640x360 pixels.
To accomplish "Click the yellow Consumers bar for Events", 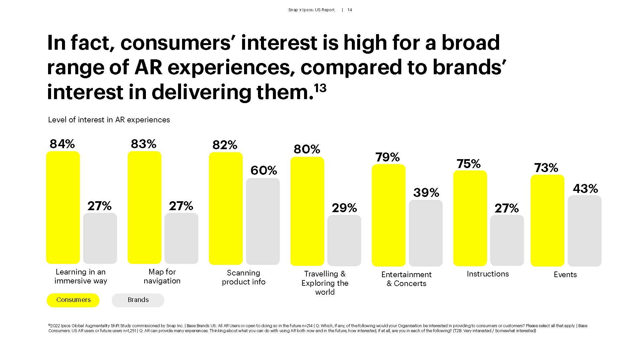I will coord(547,220).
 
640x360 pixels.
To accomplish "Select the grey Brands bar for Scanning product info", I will coord(263,221).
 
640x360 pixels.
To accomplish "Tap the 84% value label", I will coord(62,144).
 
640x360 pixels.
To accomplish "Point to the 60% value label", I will coord(264,170).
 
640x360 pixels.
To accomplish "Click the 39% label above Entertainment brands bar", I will coord(426,193).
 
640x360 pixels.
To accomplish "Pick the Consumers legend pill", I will coord(73,300).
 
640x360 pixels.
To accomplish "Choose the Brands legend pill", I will coord(138,300).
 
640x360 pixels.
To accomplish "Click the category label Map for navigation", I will coord(162,276).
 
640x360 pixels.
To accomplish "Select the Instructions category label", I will coord(487,274).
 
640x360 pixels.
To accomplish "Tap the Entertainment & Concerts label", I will coord(406,279).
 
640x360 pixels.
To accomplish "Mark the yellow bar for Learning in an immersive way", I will coord(63,208).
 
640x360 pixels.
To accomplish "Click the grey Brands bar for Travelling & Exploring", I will coord(344,240).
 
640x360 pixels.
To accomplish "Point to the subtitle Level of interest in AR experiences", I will coord(109,120).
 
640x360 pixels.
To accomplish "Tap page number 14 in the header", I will coord(350,10).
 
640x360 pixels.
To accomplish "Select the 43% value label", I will coord(585,189).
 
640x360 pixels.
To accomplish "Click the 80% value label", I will coord(307,149).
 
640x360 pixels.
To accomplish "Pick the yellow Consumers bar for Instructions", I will coord(470,218).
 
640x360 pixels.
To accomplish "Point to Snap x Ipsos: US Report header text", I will coord(311,10).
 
